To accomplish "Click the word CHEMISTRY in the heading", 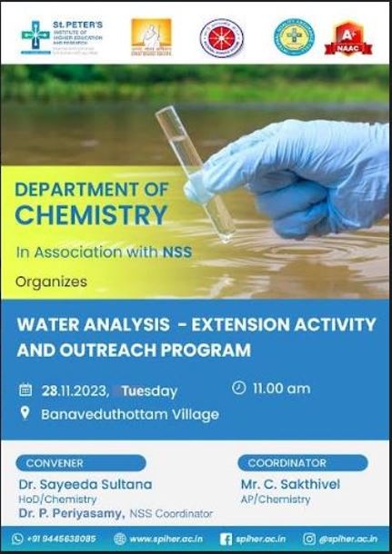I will tap(92, 215).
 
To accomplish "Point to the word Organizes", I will tap(51, 282).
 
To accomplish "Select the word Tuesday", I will tap(149, 391).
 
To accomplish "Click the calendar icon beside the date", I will tap(25, 391).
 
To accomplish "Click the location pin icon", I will tap(25, 414).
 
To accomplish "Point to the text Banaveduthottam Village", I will tap(130, 414).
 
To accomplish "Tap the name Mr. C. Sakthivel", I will tap(291, 484).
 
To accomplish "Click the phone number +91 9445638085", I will tap(60, 539).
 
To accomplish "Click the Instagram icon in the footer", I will tap(309, 539).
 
